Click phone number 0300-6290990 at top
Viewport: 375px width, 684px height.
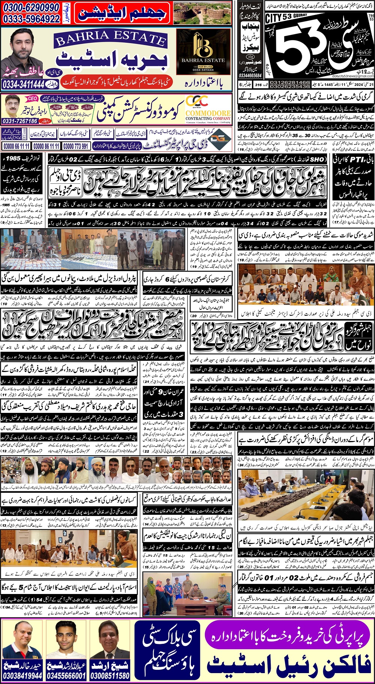31,7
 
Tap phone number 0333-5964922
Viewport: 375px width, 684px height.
31,19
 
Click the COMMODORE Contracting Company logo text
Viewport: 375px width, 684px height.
208,113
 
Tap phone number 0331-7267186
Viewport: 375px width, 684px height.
20,121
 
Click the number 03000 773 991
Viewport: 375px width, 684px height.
76,146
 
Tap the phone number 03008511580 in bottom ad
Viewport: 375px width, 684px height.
110,676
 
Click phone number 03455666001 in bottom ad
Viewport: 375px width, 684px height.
66,676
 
